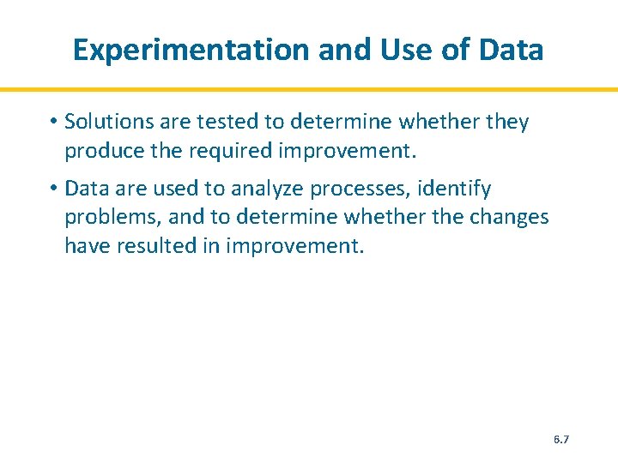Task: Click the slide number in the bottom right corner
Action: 561,439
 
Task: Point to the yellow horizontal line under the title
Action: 309,89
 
